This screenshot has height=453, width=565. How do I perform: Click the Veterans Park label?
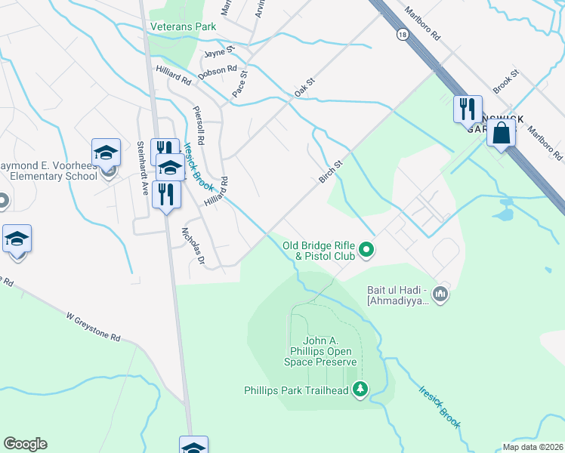click(x=182, y=26)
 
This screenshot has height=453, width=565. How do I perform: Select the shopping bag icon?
click(x=500, y=133)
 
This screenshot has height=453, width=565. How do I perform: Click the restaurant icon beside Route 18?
click(x=468, y=108)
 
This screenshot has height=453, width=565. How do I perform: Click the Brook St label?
click(x=506, y=82)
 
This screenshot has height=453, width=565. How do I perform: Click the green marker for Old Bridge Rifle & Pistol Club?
click(x=367, y=248)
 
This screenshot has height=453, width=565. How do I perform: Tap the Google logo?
click(x=25, y=444)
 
